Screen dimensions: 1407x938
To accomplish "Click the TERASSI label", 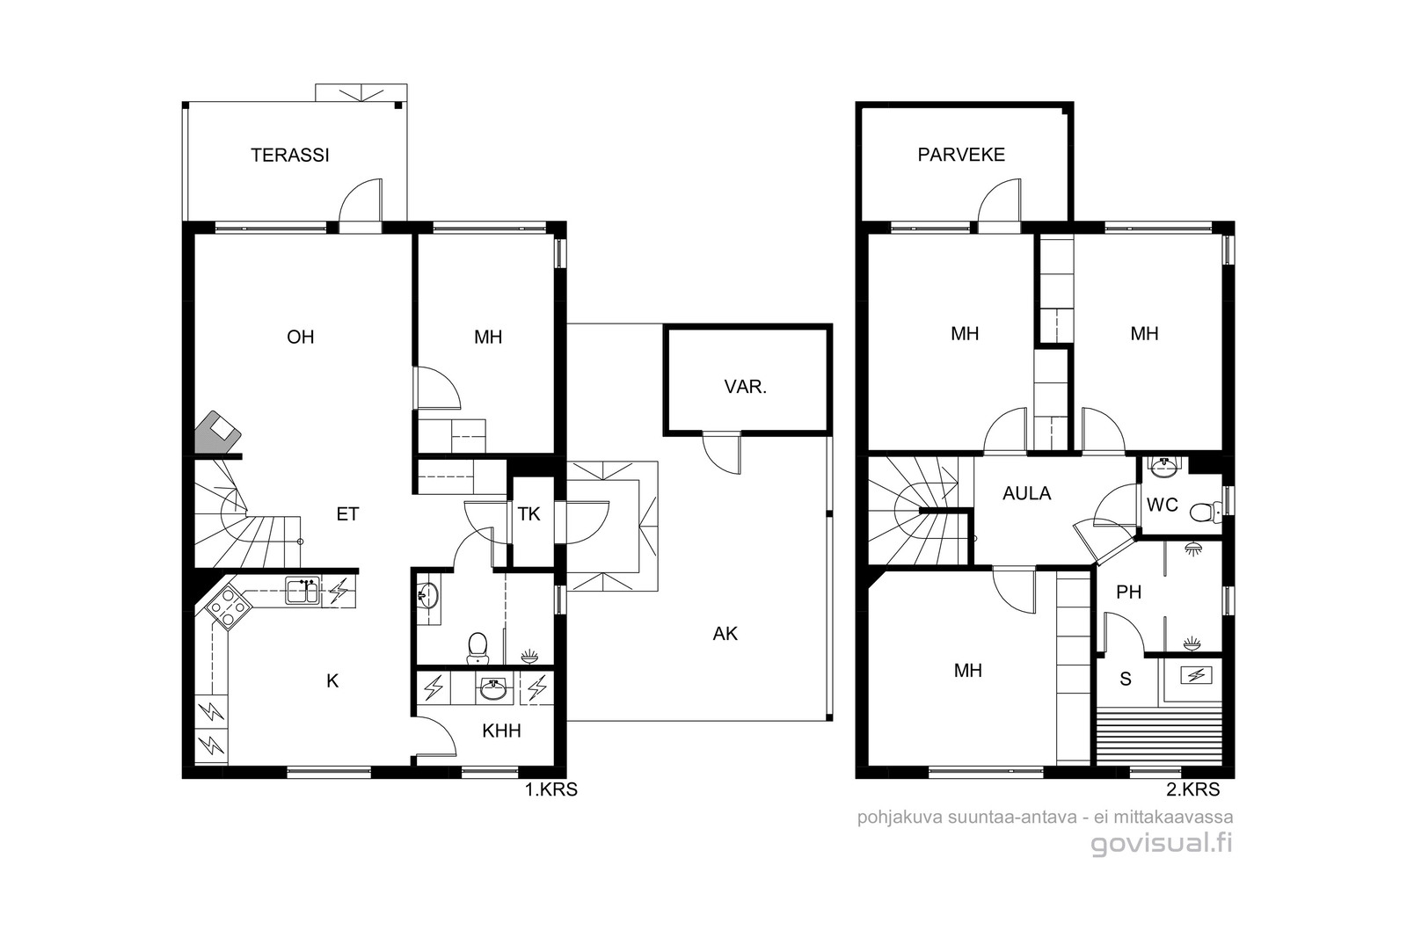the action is [290, 155].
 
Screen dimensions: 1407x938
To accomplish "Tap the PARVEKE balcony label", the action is [961, 155].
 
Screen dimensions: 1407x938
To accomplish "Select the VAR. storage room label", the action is [746, 387].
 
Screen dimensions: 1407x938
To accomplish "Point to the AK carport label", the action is [725, 634].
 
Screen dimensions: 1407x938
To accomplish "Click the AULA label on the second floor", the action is [1027, 493].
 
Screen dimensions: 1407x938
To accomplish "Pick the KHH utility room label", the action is [501, 731].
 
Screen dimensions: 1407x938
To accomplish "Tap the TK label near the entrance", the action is [529, 514].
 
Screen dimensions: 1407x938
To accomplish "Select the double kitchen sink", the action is [303, 591].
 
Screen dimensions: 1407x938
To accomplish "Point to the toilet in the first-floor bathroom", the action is [478, 648].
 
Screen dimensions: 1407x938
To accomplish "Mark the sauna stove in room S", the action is [1196, 675].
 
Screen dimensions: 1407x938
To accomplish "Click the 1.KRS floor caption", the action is [550, 789].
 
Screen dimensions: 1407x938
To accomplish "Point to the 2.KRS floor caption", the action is [1192, 789].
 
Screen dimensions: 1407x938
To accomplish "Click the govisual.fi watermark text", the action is [1162, 843].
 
